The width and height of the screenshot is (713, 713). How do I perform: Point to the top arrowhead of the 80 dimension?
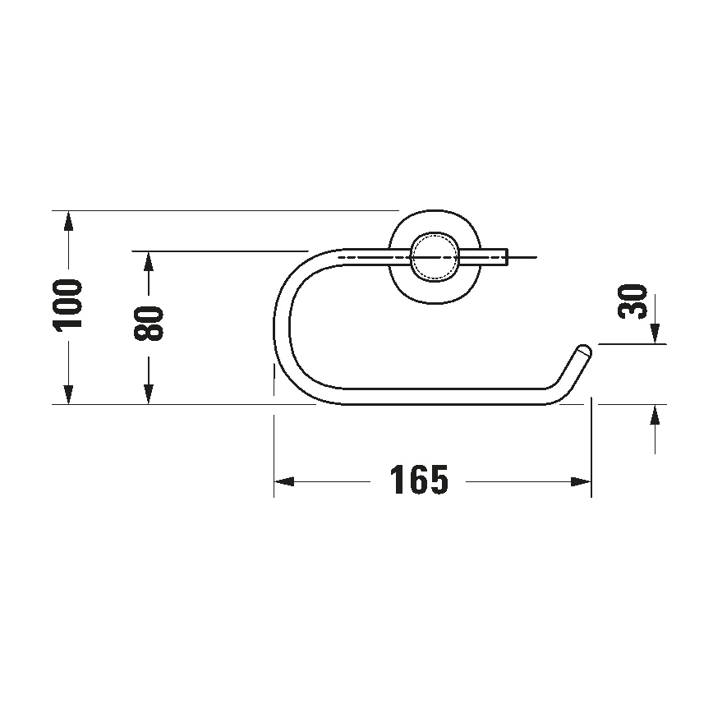click(148, 260)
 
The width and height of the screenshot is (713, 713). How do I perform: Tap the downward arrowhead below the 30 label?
click(655, 333)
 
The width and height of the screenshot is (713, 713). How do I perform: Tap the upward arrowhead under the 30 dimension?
click(655, 414)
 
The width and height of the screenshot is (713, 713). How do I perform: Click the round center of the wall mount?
click(433, 256)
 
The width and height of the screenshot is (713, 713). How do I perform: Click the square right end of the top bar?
click(506, 257)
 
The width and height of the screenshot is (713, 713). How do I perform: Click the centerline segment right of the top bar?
click(523, 257)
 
